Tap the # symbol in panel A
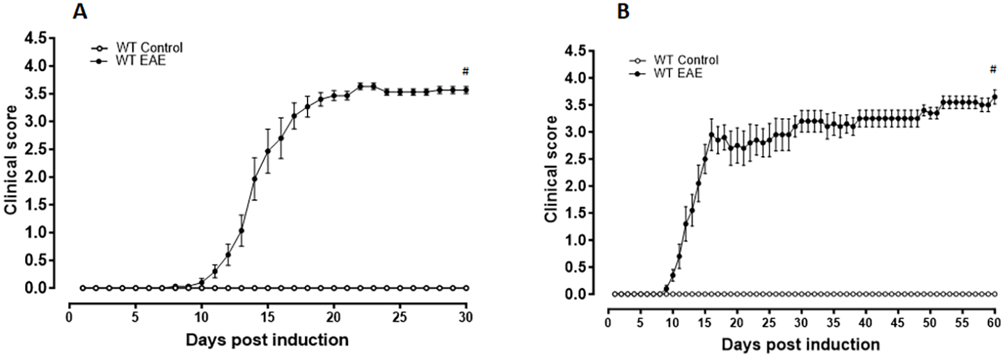(x=465, y=71)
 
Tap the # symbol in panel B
(x=993, y=68)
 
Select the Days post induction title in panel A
(x=267, y=341)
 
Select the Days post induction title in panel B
(x=800, y=344)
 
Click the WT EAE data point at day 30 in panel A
(x=466, y=89)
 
